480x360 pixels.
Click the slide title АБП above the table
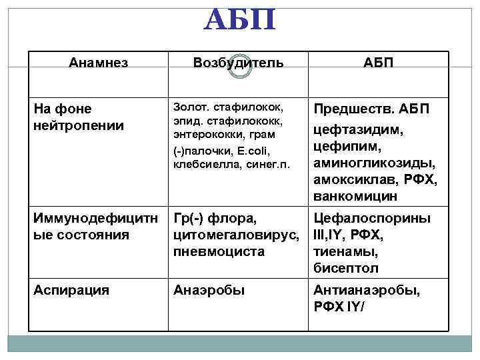pos(239,19)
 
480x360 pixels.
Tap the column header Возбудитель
pos(238,63)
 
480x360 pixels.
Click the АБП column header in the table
pos(378,63)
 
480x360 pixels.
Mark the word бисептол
pos(347,268)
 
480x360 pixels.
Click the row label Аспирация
pos(71,290)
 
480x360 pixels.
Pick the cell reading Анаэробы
pos(209,290)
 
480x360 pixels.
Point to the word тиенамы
pos(345,251)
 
